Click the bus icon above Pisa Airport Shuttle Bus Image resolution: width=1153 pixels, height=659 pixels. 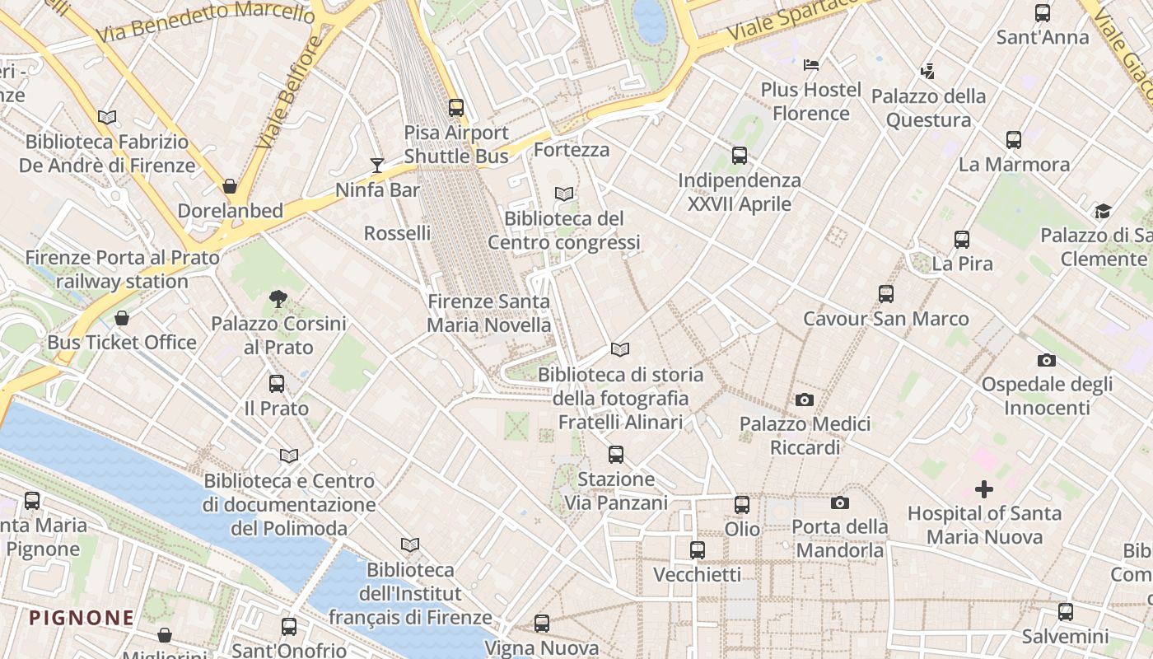455,108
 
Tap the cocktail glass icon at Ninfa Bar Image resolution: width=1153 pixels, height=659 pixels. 377,166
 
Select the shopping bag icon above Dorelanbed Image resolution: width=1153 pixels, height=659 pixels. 230,186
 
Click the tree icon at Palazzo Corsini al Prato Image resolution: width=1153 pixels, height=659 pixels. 278,299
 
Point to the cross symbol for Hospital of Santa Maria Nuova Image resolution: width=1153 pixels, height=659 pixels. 983,489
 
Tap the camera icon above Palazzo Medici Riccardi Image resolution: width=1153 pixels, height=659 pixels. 805,400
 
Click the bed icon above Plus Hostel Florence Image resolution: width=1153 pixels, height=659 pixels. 811,65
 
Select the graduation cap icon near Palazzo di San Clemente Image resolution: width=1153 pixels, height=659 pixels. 1103,212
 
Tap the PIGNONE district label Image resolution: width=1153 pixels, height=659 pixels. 82,618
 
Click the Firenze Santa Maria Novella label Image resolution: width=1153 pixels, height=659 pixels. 488,313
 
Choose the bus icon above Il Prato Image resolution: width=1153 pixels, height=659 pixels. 277,384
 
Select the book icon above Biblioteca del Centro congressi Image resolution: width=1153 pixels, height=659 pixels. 564,194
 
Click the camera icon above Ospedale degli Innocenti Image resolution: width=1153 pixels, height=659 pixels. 1047,360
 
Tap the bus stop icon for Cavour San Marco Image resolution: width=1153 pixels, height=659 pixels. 886,294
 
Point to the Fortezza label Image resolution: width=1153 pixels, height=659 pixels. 572,150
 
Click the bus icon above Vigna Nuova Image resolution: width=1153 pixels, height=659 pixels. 541,624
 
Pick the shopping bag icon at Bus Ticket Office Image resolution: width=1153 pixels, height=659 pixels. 122,318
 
